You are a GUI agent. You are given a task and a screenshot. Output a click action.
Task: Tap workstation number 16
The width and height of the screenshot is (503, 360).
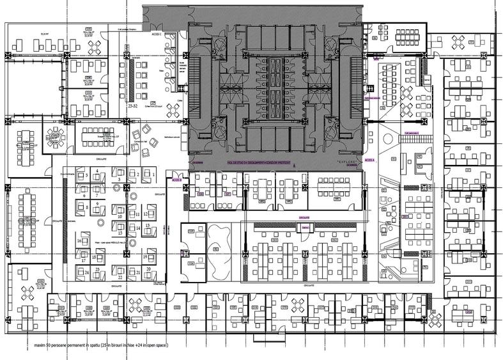coord(80,241)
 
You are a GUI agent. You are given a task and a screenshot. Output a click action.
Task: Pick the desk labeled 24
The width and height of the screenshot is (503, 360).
coord(86,271)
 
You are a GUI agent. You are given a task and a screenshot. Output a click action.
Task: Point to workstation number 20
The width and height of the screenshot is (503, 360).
coord(148,270)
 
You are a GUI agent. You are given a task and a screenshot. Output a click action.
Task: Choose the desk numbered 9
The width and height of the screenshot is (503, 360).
coord(97,203)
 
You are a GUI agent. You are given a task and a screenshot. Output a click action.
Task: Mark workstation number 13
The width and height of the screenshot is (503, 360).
coord(147,226)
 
